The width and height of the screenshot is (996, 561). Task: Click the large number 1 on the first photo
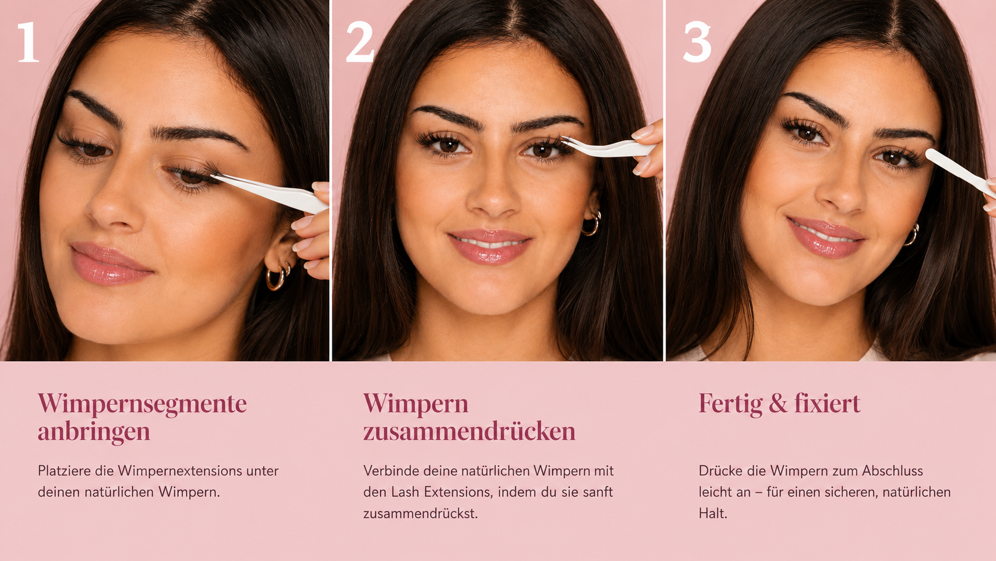(28, 42)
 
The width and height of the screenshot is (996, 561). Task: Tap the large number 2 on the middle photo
(360, 42)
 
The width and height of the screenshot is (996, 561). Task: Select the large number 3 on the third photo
(697, 42)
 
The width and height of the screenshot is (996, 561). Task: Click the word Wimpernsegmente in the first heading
(142, 405)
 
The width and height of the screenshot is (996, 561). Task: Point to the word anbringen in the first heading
(94, 432)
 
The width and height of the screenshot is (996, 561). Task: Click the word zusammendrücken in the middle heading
(469, 432)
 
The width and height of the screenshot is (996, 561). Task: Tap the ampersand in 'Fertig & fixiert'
(778, 404)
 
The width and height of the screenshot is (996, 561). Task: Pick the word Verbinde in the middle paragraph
(391, 471)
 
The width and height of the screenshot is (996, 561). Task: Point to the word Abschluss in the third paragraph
(892, 471)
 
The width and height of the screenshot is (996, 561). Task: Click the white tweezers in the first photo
(271, 192)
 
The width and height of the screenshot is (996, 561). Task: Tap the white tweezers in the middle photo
(609, 148)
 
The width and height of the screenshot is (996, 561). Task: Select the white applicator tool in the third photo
(960, 171)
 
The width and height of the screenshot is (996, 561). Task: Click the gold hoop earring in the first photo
(276, 278)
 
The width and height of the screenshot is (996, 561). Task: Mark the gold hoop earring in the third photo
(913, 235)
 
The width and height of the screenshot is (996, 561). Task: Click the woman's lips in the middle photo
(490, 246)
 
